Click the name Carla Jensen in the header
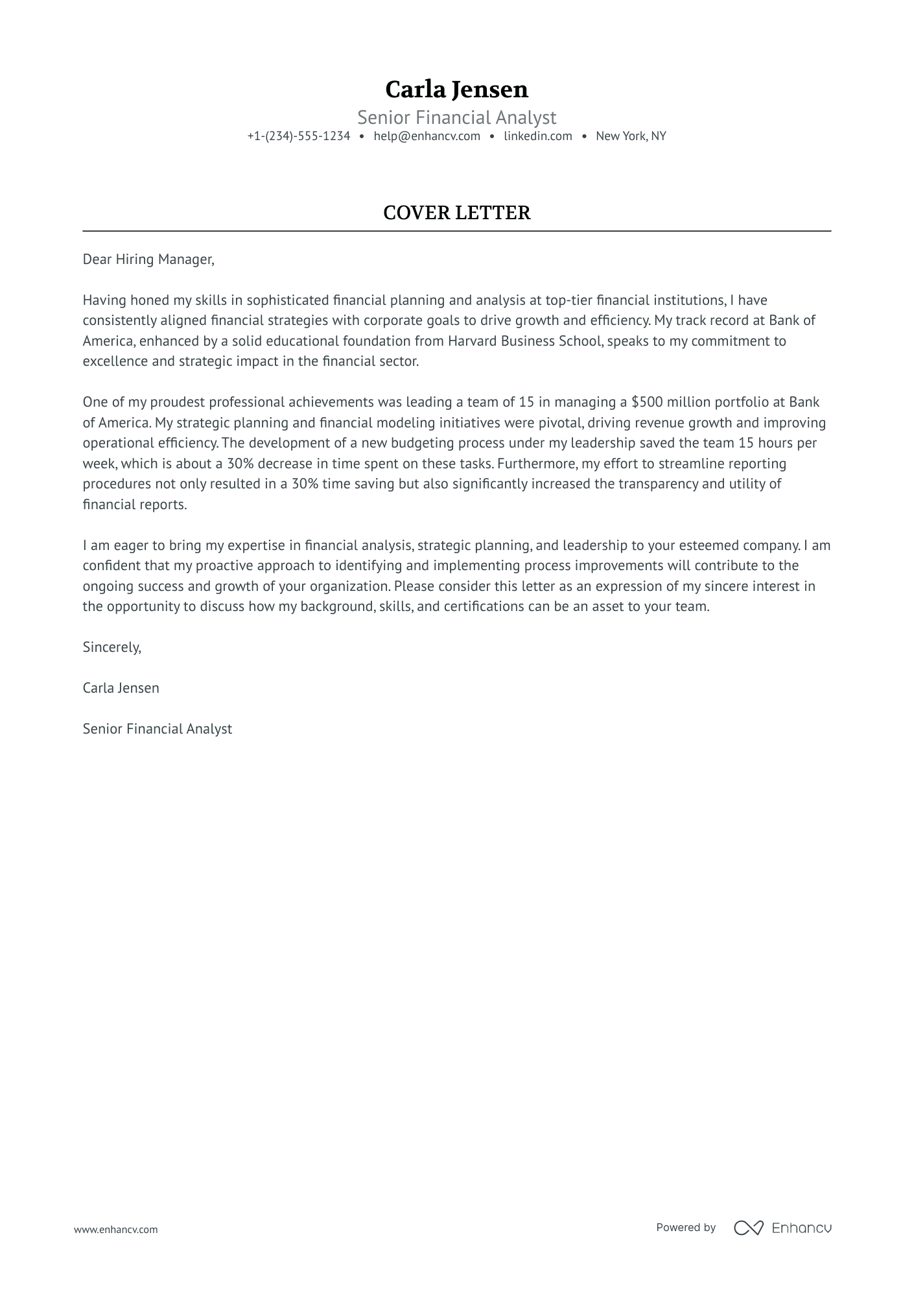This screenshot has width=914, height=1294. coord(456,90)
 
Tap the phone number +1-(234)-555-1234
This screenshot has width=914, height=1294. coord(298,136)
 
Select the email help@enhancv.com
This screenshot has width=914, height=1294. coord(427,136)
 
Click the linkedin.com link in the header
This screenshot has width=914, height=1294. coord(537,136)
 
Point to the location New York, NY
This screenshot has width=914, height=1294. coord(631,136)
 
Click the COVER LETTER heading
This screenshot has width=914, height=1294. coord(456,213)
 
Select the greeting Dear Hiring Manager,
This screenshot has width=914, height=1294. coord(148,259)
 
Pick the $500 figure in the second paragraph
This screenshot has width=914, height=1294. coord(647,402)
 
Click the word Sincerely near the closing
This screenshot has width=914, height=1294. coord(111,647)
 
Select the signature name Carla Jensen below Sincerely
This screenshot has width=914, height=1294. coord(121,688)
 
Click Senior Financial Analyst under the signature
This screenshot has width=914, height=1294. coord(157,729)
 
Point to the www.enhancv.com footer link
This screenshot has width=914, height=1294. coord(115,1229)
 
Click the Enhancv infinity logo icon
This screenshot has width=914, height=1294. coord(748,1228)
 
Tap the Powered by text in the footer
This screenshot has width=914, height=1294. coord(685,1228)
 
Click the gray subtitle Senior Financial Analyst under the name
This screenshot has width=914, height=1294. coord(456,117)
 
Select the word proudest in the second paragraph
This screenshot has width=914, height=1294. coord(175,402)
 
